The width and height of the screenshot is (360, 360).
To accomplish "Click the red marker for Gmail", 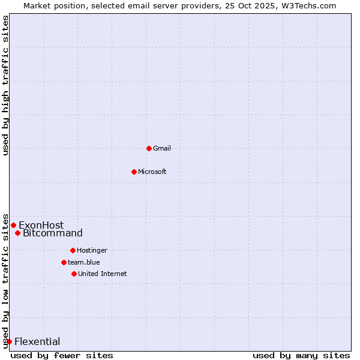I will click(x=149, y=148).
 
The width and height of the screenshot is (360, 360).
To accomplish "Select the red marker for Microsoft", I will click(x=134, y=172).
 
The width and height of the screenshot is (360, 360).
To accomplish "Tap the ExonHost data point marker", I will click(x=13, y=225).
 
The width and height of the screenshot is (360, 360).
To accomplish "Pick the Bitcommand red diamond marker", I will click(x=17, y=233).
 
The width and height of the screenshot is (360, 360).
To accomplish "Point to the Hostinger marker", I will click(x=73, y=250).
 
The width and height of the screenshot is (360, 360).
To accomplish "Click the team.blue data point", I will click(x=64, y=262).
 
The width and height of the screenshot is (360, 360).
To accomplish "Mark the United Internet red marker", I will click(x=74, y=274).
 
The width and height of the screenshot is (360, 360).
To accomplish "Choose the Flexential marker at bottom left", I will click(x=9, y=341).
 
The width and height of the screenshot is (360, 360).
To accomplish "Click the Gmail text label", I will click(x=162, y=148).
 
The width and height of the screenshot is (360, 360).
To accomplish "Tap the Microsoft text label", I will click(x=152, y=172).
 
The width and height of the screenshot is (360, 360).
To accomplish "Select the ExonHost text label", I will click(x=41, y=226).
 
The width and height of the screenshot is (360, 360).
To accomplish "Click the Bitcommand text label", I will click(x=53, y=233).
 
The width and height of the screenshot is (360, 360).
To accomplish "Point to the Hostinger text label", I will click(x=92, y=250).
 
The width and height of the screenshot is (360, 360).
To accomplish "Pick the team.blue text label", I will click(x=84, y=262).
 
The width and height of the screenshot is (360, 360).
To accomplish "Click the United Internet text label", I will click(x=103, y=274).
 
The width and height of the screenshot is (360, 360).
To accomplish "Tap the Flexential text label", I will click(x=37, y=342).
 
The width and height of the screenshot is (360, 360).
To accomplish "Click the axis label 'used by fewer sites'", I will click(x=62, y=355).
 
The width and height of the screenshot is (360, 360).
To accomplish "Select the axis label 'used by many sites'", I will click(x=301, y=355).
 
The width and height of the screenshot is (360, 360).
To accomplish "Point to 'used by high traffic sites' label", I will click(x=6, y=85).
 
